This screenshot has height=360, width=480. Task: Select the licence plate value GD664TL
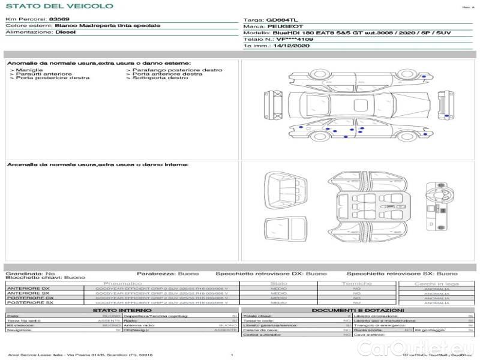[281, 20]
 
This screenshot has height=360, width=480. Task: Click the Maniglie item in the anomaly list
[26, 70]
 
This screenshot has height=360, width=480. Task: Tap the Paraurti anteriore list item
[43, 74]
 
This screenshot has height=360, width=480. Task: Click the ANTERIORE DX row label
[29, 289]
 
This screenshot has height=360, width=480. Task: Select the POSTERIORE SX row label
[29, 303]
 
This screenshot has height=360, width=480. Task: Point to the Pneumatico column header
[123, 283]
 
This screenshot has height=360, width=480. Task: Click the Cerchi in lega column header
[436, 283]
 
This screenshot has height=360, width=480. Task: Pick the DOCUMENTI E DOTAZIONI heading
[358, 310]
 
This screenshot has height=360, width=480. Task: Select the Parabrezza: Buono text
[167, 273]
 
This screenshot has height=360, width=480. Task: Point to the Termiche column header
[357, 283]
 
